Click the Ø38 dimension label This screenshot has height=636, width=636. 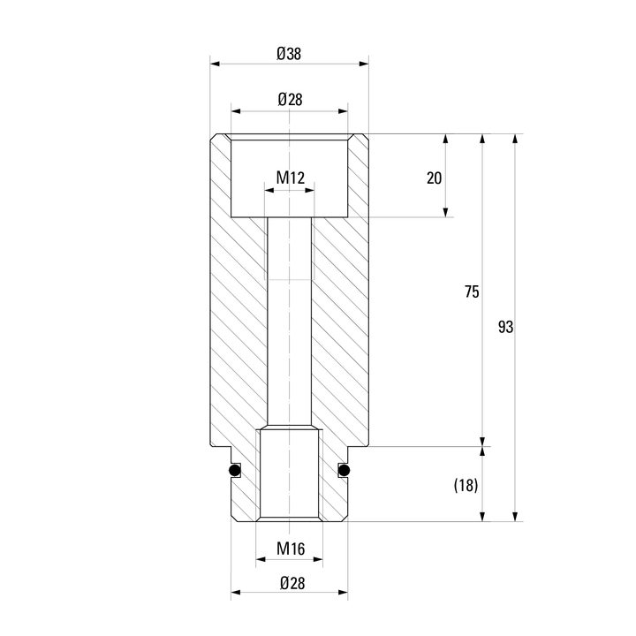click(x=289, y=54)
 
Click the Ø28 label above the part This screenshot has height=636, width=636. click(x=290, y=99)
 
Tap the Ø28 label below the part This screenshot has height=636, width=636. click(x=292, y=583)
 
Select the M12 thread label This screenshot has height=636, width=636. click(x=291, y=178)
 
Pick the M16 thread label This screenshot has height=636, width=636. click(x=291, y=549)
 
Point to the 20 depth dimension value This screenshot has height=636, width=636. click(x=434, y=178)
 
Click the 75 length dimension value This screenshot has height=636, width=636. click(x=472, y=291)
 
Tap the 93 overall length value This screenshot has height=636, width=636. click(x=505, y=327)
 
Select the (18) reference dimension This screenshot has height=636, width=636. click(x=466, y=485)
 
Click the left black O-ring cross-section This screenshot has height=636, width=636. click(x=235, y=471)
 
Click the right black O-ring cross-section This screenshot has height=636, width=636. click(x=344, y=471)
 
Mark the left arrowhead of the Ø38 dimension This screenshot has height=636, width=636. click(x=215, y=64)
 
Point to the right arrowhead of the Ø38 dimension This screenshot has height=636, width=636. click(x=364, y=64)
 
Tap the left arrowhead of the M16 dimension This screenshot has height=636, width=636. click(x=261, y=560)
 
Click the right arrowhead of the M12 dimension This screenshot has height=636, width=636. click(x=309, y=190)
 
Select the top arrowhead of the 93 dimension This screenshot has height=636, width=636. click(x=515, y=139)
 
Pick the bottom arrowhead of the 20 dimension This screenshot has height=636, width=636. click(x=446, y=212)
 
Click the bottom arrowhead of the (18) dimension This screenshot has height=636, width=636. click(x=482, y=517)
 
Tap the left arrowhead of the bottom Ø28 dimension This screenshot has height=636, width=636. click(x=236, y=593)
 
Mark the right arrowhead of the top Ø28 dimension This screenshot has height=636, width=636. click(x=343, y=111)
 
